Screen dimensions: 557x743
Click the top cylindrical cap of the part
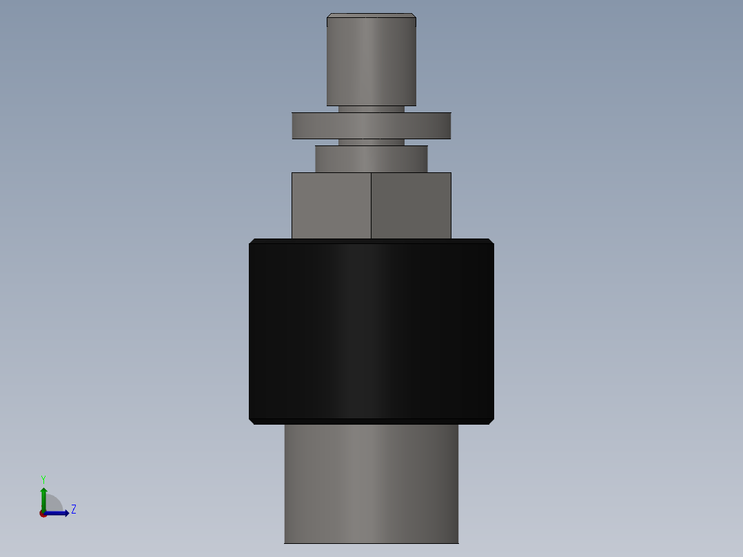tap(371, 62)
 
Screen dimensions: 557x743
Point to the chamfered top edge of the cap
tap(371, 15)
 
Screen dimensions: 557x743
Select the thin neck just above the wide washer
tap(371, 109)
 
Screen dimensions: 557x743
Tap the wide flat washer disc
tap(371, 125)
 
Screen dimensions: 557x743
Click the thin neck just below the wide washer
tap(371, 142)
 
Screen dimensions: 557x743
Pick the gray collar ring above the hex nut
tap(371, 159)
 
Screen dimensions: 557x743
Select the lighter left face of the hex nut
tap(331, 205)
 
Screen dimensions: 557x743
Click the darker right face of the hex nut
tap(411, 205)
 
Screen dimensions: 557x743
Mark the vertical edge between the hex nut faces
tap(371, 205)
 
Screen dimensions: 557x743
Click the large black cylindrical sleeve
tap(371, 331)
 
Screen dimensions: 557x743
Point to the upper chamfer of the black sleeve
tap(371, 241)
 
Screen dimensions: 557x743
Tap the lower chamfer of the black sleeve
tap(371, 421)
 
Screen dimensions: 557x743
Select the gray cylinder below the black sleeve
tap(371, 483)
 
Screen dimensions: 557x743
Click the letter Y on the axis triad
tap(43, 478)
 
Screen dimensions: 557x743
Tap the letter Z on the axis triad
tap(74, 509)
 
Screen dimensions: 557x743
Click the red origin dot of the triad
tap(43, 514)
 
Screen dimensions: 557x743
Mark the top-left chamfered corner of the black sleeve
tap(252, 241)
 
